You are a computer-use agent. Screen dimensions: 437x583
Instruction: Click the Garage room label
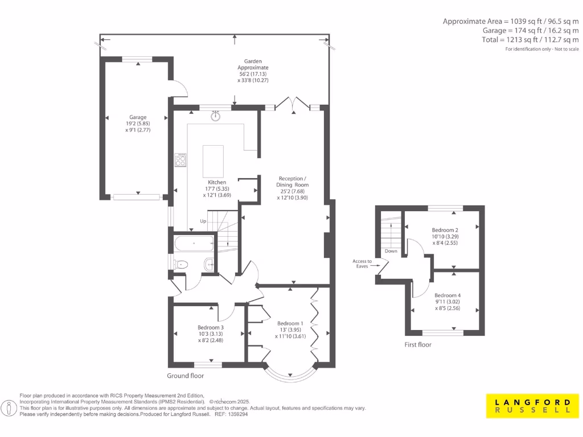tap(137, 117)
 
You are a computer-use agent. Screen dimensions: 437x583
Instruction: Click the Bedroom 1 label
tap(290, 323)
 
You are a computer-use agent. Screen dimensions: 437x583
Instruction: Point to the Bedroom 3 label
tap(211, 328)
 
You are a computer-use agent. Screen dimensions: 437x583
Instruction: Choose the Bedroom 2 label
tap(445, 230)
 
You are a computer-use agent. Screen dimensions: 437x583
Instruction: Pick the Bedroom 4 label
tap(447, 295)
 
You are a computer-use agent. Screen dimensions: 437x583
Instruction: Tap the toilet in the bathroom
tap(181, 264)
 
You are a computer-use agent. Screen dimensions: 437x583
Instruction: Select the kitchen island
tap(213, 162)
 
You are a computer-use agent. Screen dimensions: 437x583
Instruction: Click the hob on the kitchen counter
tap(180, 160)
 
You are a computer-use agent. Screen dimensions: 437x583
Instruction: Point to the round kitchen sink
tap(215, 117)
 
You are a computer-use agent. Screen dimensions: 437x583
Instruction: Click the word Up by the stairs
tap(202, 221)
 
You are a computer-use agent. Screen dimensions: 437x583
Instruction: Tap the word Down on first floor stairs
tap(391, 251)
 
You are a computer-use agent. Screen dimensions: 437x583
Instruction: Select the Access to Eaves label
tap(362, 263)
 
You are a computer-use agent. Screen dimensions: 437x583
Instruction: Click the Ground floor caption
tap(185, 376)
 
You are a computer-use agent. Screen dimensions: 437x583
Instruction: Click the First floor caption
tap(418, 345)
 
